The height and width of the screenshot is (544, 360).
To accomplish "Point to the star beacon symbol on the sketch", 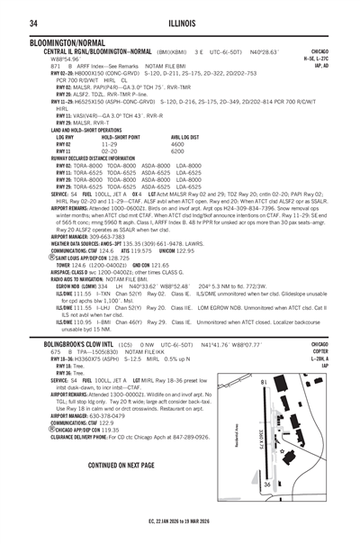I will pos(282,451).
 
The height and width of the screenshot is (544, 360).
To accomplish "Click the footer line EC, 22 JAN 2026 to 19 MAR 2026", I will pos(181,520).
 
